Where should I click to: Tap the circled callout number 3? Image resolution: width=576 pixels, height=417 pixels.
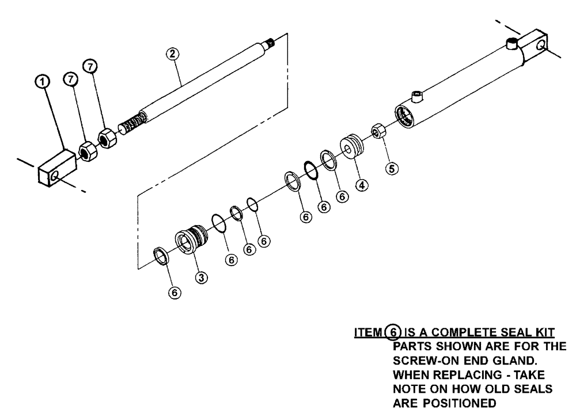202,277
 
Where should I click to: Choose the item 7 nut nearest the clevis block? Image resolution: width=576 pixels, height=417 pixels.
86,152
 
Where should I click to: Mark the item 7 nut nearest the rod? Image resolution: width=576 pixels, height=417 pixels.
108,139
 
